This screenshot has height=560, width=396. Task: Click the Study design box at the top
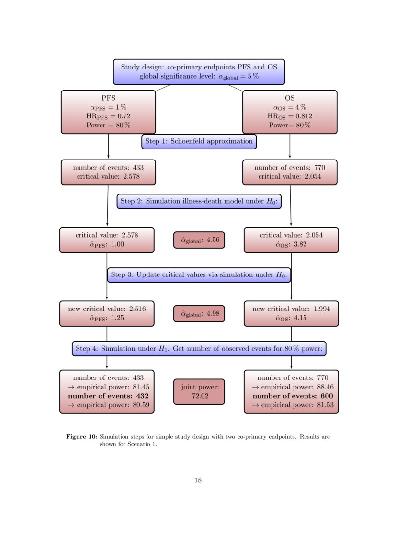(199, 71)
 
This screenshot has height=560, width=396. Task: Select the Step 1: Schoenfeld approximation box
(199, 141)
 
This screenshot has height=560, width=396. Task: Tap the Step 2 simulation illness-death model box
(199, 201)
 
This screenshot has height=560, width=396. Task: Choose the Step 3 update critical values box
(199, 274)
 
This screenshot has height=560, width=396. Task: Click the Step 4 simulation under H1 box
(199, 349)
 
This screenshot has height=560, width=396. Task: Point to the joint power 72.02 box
(199, 391)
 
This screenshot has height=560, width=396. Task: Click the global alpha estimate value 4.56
(213, 240)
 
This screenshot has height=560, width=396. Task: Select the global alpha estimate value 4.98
(213, 314)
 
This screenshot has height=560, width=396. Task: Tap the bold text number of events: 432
(108, 396)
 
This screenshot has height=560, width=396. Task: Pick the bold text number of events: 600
(292, 396)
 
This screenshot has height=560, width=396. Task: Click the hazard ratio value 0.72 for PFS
(123, 116)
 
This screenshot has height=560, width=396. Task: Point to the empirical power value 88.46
(324, 387)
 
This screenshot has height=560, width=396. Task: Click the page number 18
(198, 480)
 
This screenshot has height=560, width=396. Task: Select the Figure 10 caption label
(81, 437)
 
